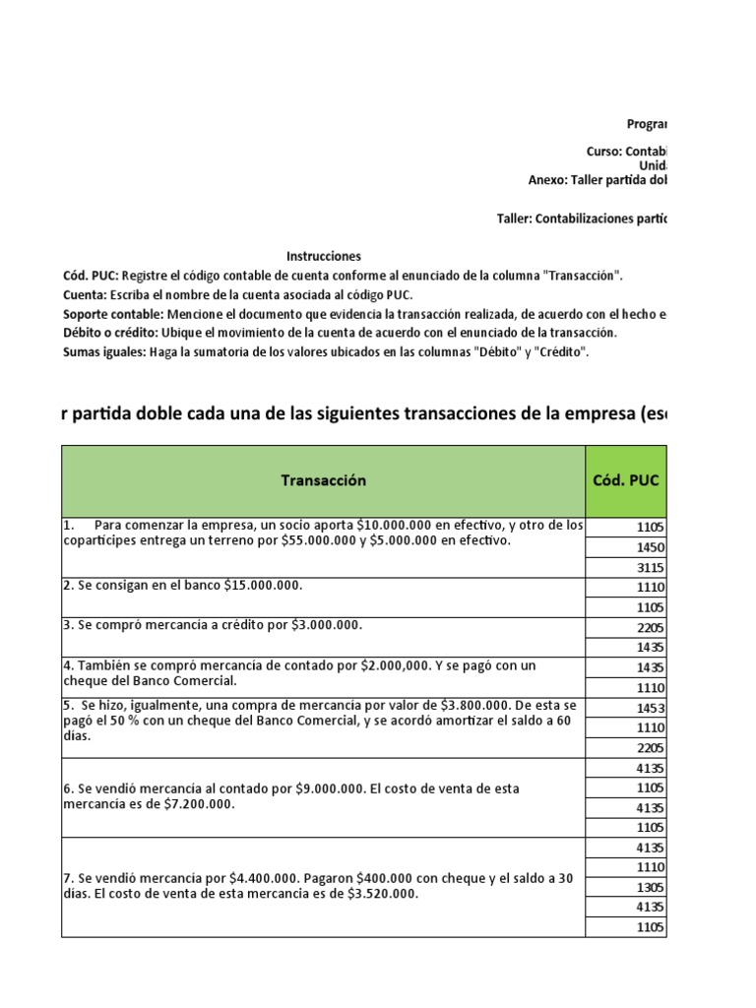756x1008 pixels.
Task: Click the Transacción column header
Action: click(323, 480)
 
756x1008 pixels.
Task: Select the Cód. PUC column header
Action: click(627, 480)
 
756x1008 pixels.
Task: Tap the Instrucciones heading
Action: click(323, 256)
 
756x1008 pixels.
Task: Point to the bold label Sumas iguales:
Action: click(103, 351)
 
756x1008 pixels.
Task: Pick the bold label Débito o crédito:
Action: click(107, 333)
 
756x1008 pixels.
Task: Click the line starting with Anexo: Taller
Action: click(597, 180)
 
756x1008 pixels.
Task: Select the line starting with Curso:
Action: click(625, 152)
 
